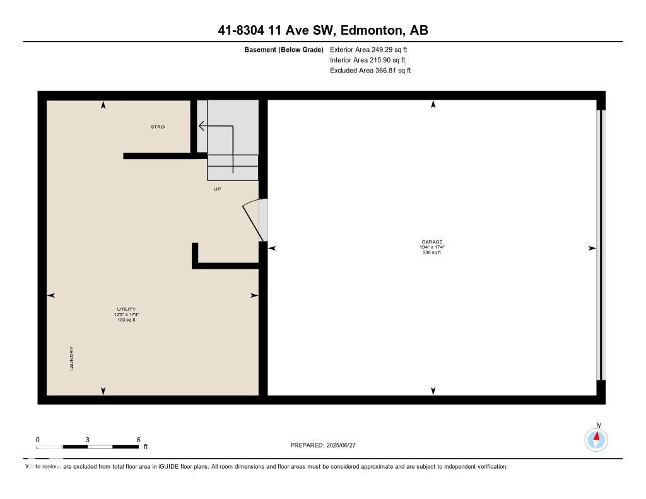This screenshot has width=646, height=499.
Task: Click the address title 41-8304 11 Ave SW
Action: [322, 30]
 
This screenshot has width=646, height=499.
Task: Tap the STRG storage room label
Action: [158, 127]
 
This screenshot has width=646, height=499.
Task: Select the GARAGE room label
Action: [432, 242]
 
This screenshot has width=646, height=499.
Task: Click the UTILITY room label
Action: [126, 309]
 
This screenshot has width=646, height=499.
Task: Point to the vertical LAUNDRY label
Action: [72, 358]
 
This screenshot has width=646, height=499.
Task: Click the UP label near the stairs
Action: [217, 189]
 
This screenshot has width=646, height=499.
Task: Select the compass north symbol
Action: [596, 439]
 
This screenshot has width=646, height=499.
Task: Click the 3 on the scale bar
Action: [88, 440]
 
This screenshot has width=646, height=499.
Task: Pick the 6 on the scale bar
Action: [138, 440]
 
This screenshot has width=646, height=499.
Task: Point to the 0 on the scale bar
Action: [38, 440]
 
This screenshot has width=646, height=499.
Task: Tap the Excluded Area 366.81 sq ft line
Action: [370, 71]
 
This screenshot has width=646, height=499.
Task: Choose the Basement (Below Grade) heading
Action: [283, 49]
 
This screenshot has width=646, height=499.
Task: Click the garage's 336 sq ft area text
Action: [432, 252]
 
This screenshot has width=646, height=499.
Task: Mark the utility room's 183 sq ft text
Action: [126, 320]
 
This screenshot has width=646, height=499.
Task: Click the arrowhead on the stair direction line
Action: [201, 126]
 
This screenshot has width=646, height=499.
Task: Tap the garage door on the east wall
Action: [601, 245]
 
